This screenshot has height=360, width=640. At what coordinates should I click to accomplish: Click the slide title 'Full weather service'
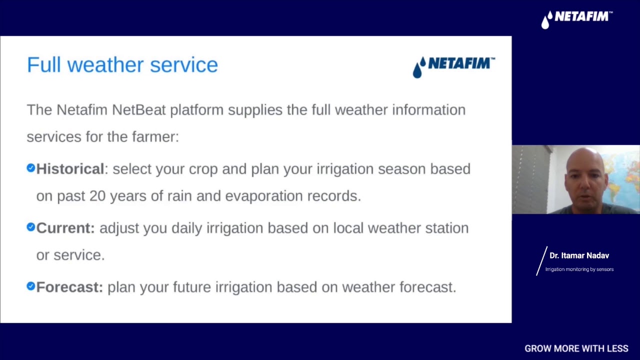point(122,65)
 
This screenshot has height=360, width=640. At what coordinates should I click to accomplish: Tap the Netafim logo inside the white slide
point(454,67)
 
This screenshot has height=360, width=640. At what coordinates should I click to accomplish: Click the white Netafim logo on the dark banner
point(577,19)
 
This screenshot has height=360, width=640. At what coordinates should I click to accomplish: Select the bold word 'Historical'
point(70,169)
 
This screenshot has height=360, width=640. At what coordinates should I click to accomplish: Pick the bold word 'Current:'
point(65,228)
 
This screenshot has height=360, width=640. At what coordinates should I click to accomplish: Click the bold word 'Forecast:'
point(69,287)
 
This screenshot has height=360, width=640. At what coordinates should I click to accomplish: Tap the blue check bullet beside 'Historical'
point(31,167)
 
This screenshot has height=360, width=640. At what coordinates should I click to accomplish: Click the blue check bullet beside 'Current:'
point(31,227)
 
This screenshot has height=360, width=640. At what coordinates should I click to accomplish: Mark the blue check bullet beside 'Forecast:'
point(31,286)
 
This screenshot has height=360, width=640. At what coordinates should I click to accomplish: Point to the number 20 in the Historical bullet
point(97,196)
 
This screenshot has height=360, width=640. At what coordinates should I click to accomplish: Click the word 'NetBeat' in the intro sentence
point(139,110)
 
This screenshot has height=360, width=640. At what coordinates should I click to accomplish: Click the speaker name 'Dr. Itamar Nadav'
point(579,255)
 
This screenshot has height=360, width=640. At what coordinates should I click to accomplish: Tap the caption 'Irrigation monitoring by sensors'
point(579,269)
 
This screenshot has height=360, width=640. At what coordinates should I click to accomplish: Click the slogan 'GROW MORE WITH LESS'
point(576,348)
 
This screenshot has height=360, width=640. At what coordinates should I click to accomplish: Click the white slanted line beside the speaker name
point(541,261)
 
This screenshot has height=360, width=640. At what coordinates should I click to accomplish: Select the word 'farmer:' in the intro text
point(155,137)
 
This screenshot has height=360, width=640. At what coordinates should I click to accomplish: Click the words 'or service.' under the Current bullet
point(70,255)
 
